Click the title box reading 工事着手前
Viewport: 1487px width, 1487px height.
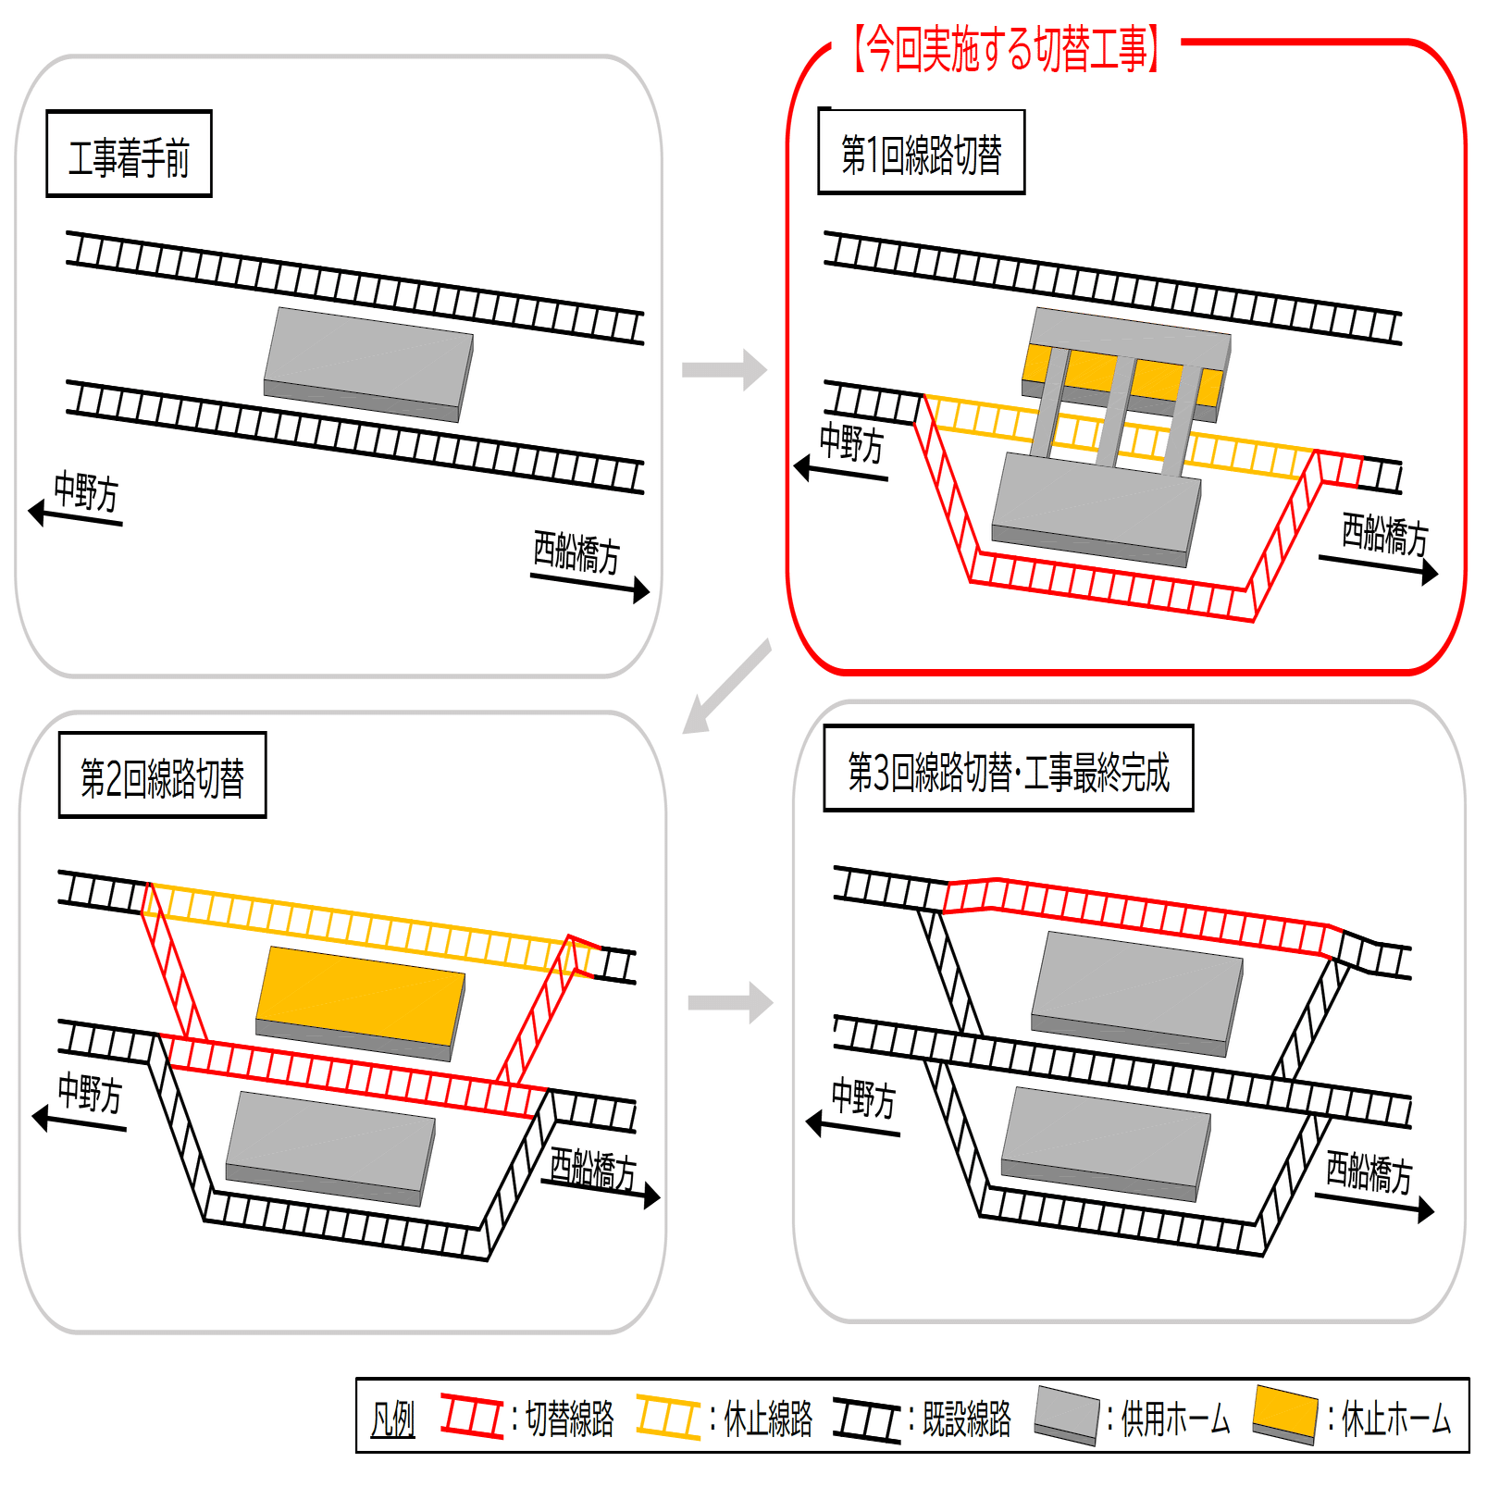pos(129,155)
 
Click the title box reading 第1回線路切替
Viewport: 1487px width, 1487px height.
pos(921,153)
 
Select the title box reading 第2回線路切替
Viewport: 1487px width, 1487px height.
pos(162,775)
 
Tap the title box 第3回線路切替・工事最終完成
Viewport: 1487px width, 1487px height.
pos(1008,769)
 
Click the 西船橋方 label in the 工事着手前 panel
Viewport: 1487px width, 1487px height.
pos(576,551)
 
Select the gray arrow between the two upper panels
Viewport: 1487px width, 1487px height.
pos(724,370)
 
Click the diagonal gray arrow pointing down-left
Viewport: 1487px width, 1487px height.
pos(726,686)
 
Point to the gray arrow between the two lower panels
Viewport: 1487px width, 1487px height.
pos(730,1003)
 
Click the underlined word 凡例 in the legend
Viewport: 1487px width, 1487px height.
pos(392,1419)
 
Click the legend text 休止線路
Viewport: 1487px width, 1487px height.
pos(768,1419)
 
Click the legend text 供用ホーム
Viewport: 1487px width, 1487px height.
pos(1175,1419)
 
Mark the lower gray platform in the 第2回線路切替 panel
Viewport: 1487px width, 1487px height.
pos(330,1147)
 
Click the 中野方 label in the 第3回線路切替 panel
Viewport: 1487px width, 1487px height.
pos(863,1098)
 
